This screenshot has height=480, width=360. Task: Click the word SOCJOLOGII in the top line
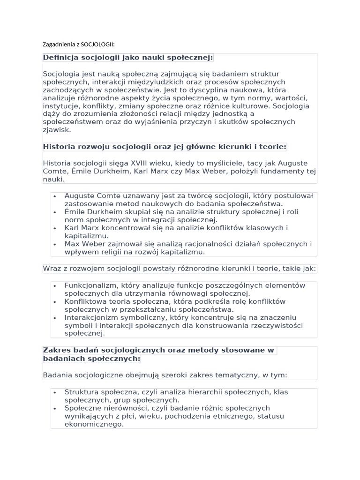(x=97, y=45)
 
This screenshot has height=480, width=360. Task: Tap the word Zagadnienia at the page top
(x=58, y=45)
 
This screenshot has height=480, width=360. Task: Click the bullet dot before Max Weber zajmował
(x=55, y=244)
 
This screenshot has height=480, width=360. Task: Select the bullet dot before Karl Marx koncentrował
(x=55, y=228)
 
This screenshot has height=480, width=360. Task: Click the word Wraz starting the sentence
(x=52, y=269)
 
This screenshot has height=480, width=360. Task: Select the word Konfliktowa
(x=87, y=301)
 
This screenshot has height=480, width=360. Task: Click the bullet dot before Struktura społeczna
(x=55, y=392)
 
